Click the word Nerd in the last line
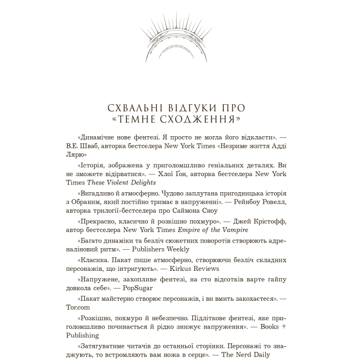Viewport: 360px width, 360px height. pos(246,355)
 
